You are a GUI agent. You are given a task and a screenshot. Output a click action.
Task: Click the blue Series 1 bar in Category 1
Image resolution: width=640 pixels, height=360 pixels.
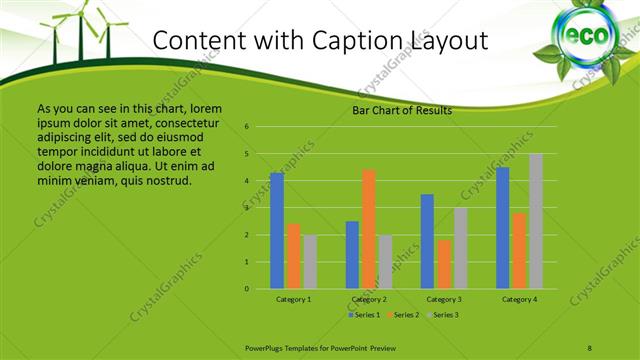pos(277,231)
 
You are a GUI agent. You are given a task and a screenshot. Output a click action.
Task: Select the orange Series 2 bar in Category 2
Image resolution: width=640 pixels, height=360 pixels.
pos(368,229)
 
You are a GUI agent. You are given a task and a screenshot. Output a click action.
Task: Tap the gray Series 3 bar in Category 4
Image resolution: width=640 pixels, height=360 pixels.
pos(536,221)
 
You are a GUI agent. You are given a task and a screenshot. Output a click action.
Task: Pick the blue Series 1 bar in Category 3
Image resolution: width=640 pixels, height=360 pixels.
pos(427,241)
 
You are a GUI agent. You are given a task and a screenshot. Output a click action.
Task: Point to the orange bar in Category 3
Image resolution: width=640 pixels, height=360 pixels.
pos(444,264)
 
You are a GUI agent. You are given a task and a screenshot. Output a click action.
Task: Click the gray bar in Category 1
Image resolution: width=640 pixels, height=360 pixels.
pos(310,262)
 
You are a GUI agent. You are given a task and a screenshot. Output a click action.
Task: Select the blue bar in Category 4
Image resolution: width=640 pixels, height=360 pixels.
pos(502,228)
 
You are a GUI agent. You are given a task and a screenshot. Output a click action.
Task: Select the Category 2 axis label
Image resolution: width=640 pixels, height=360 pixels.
pos(369,299)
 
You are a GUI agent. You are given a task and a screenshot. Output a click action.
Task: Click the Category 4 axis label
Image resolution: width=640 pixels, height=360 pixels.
pos(519,299)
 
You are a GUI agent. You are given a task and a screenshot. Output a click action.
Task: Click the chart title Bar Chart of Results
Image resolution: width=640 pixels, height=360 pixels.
pos(402,111)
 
